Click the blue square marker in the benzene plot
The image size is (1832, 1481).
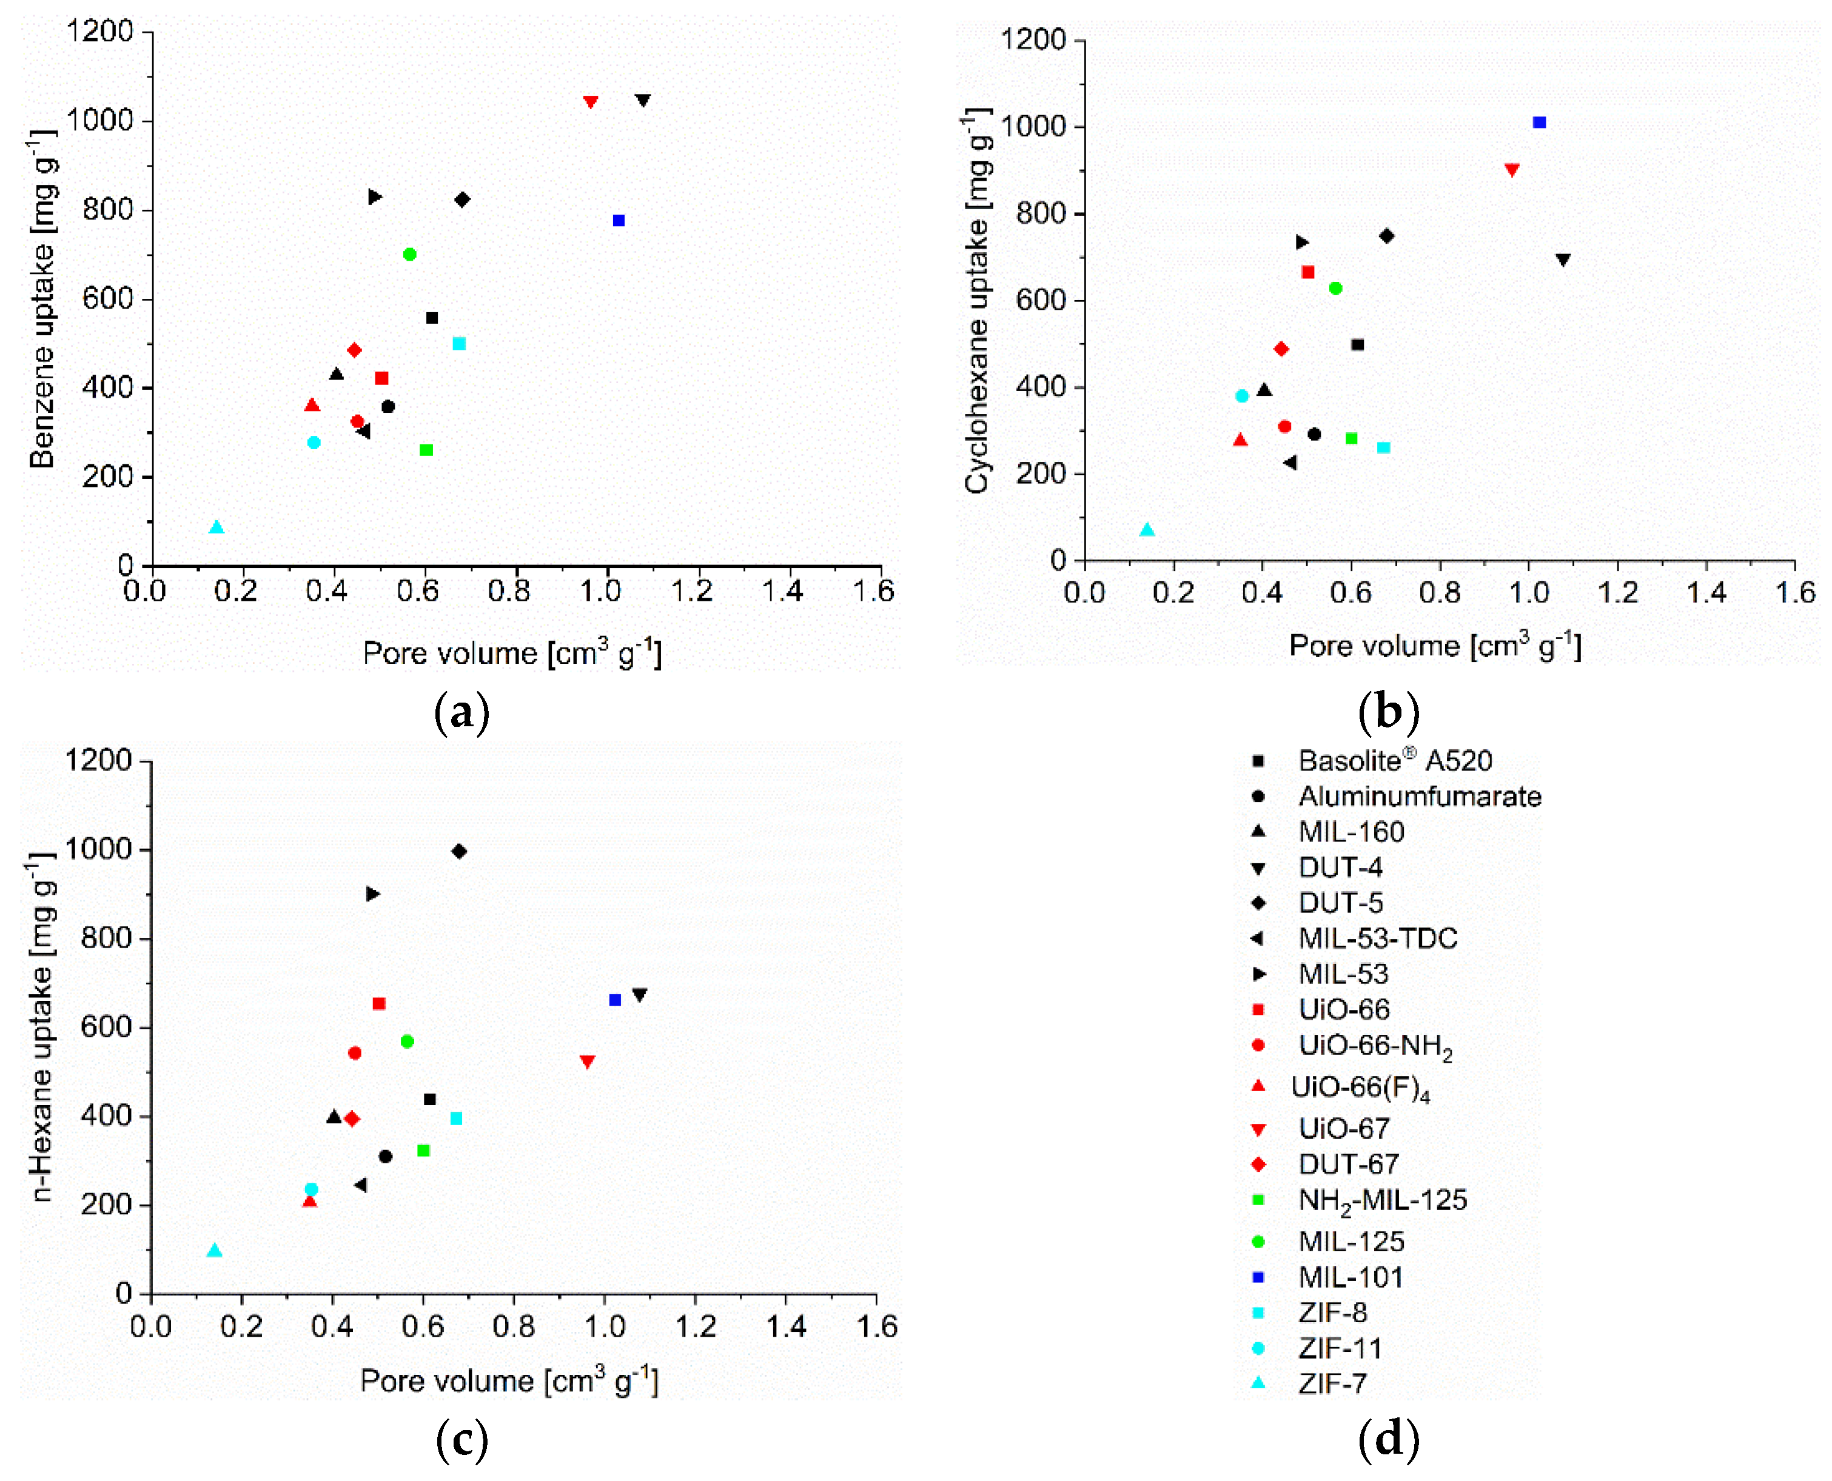click(x=619, y=221)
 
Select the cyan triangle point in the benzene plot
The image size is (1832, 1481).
click(x=216, y=528)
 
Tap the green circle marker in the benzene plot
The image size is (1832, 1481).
click(x=409, y=254)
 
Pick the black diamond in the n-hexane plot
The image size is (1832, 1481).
click(x=459, y=851)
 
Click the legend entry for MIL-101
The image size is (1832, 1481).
click(x=1350, y=1277)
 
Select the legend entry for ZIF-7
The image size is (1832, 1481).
click(x=1332, y=1383)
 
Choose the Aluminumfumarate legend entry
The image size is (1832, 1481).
click(x=1419, y=796)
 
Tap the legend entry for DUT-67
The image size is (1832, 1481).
click(x=1348, y=1165)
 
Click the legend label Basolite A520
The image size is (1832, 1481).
click(x=1394, y=760)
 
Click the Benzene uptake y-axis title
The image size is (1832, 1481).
click(x=42, y=299)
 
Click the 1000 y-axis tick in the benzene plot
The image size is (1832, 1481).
click(x=100, y=120)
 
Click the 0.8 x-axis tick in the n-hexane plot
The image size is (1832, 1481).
click(x=514, y=1326)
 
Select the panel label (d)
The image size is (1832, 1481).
click(x=1388, y=1439)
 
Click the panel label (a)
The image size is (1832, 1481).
click(x=461, y=712)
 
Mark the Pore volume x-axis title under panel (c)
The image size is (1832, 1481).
click(x=509, y=1381)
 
